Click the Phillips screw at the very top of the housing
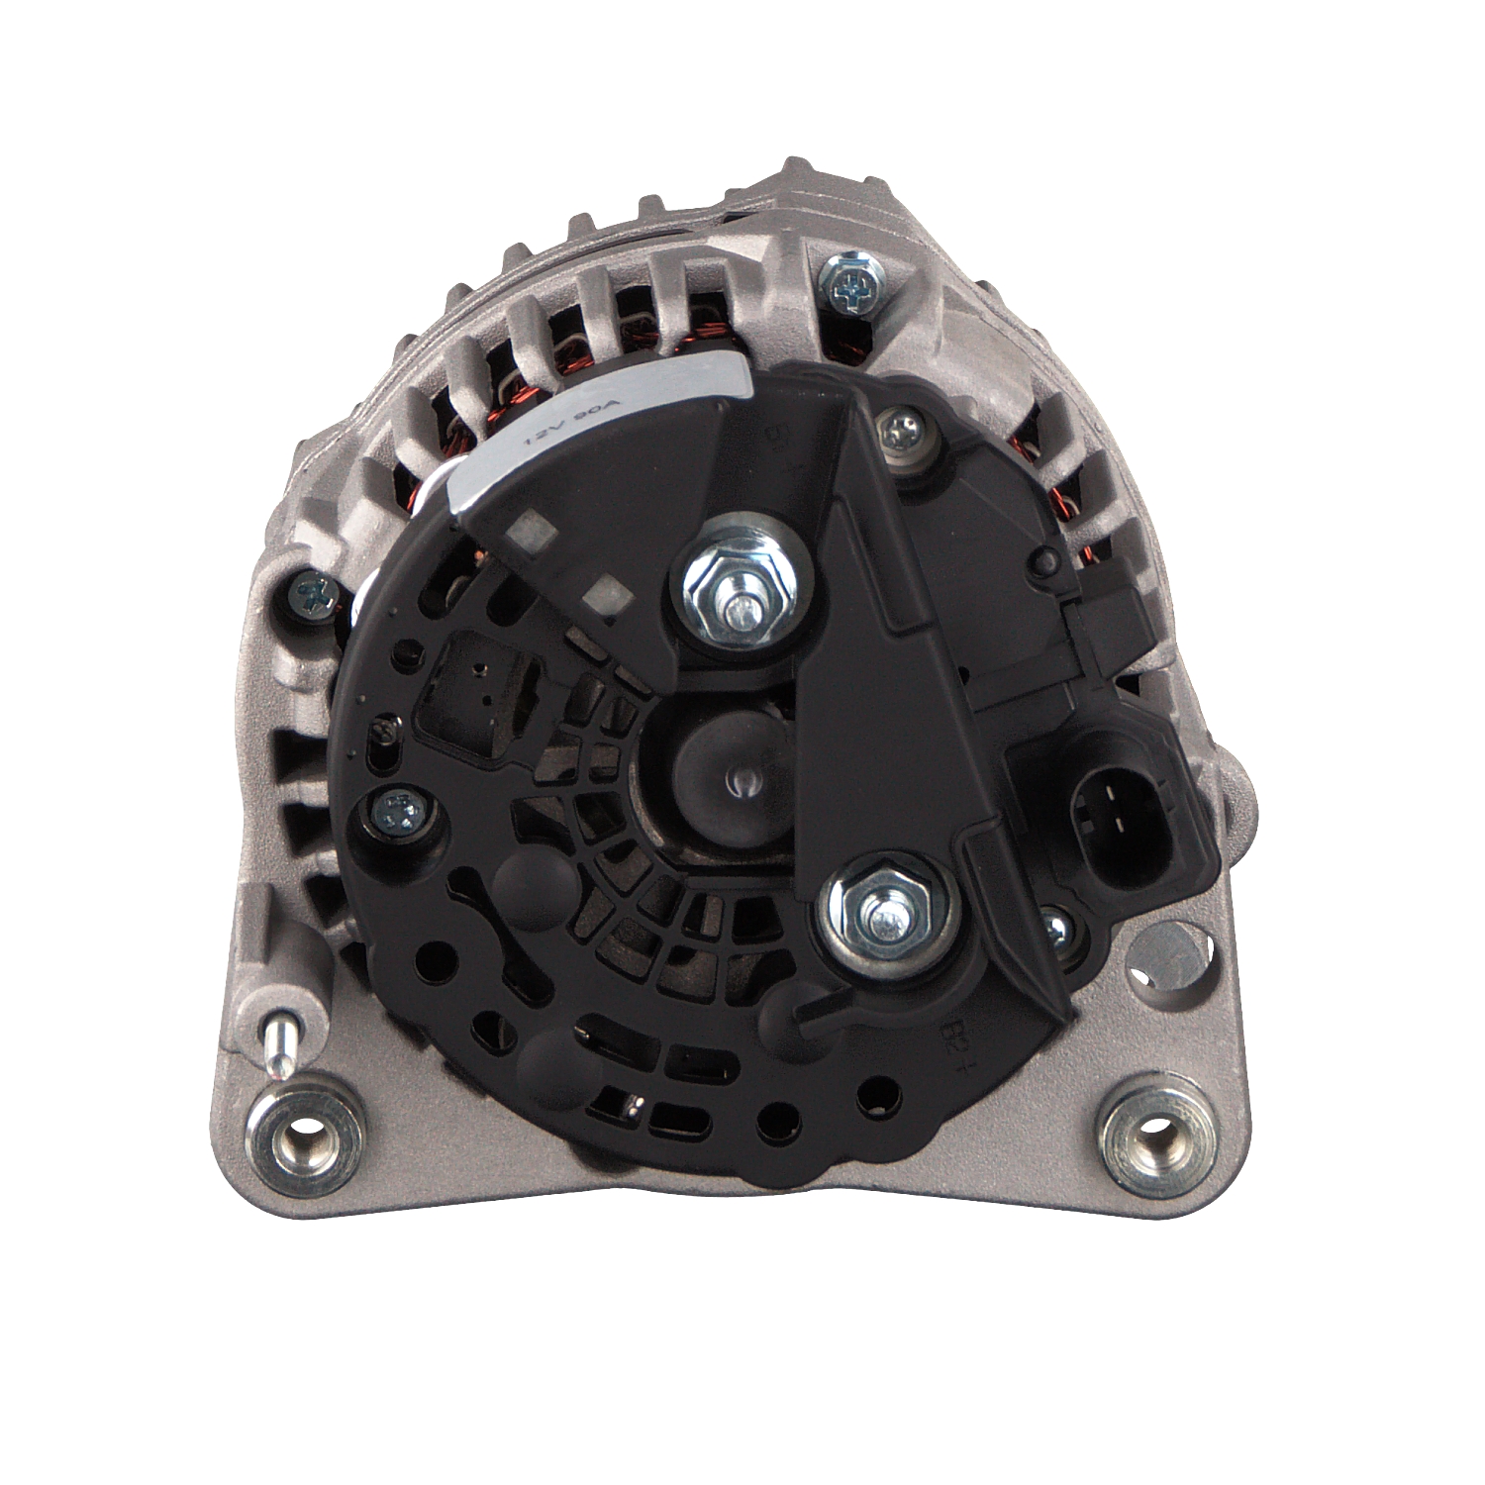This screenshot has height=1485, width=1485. click(849, 287)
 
